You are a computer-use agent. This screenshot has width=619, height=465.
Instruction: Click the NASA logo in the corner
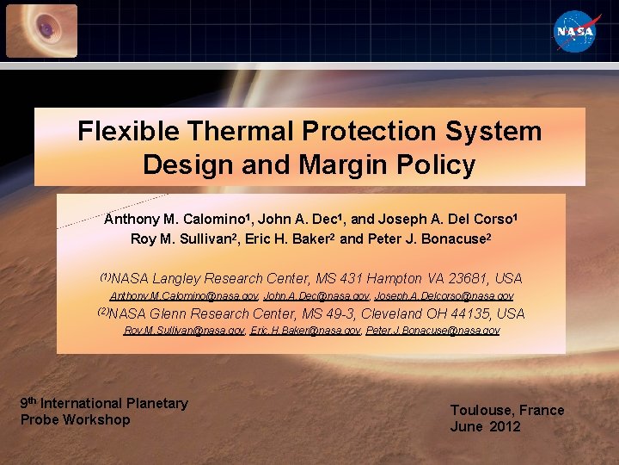[x=574, y=32]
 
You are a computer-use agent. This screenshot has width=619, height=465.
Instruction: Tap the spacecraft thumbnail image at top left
[x=41, y=31]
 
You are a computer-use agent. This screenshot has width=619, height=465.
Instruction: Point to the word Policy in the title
[x=444, y=164]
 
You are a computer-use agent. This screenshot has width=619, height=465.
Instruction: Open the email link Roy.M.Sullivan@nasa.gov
[x=185, y=331]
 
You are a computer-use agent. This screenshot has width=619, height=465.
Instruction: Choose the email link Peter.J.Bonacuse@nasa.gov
[x=432, y=331]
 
